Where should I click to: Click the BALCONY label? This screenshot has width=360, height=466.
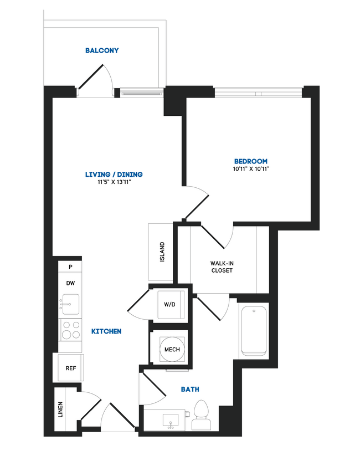coord(102,50)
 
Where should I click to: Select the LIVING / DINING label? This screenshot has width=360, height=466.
coord(114,175)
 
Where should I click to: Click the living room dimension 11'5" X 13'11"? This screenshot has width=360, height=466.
coord(114,182)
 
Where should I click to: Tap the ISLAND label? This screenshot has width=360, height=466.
coord(162,252)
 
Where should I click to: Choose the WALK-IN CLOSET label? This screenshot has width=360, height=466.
coord(222,267)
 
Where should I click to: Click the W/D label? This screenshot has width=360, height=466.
coord(169,304)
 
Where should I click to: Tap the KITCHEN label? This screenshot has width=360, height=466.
coord(106,331)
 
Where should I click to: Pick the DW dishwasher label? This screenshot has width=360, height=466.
coord(70,283)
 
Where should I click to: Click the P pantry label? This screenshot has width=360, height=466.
coord(70,267)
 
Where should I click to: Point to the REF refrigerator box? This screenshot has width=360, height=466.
coord(70,367)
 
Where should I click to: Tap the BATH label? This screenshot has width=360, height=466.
coord(190,390)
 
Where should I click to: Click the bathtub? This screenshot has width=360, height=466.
coord(254,331)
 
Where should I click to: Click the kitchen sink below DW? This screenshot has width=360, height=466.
coord(70,304)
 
